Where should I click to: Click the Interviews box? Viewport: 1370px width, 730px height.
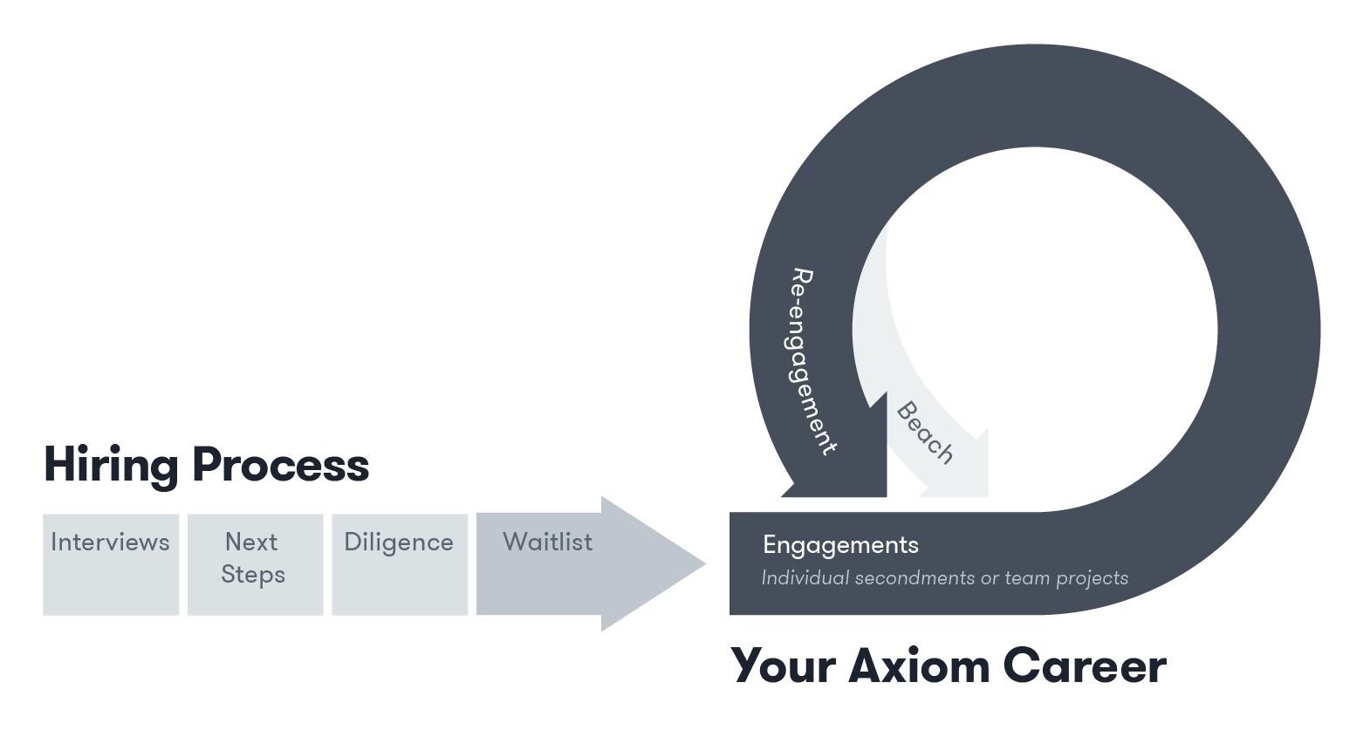coord(111,564)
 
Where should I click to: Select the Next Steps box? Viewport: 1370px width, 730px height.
coord(255,564)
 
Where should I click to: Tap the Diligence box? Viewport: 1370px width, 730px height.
coord(400,564)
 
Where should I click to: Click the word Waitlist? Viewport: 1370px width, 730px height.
coord(547,542)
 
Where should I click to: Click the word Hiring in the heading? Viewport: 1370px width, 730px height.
coord(110,465)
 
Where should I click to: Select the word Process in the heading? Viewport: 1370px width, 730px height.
coord(280,465)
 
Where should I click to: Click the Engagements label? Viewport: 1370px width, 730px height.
coord(840,545)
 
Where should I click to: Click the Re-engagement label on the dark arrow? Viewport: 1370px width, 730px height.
coord(811,361)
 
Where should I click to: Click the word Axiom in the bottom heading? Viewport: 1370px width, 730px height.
coord(918,666)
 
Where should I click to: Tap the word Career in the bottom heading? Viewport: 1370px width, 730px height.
coord(1084,666)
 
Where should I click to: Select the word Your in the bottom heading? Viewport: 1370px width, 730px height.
coord(782,666)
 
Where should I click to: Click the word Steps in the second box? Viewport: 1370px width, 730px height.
coord(253,576)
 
